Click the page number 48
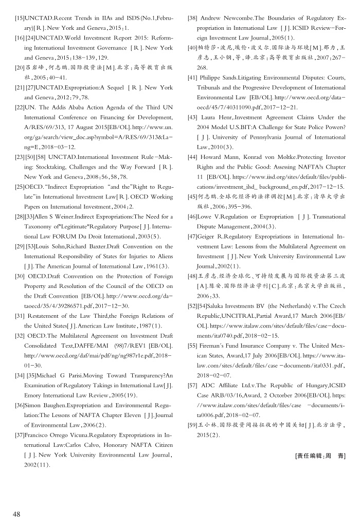tap(17, 514)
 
